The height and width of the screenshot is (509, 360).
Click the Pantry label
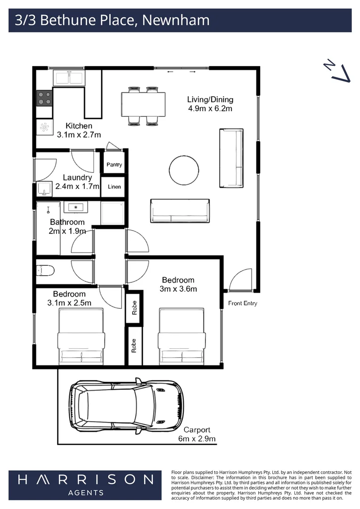(x=114, y=165)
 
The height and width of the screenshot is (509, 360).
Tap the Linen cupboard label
(x=114, y=187)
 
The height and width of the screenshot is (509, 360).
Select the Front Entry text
(x=243, y=304)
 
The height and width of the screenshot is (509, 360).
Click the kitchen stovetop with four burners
(x=45, y=98)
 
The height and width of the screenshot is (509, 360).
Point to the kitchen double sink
(x=69, y=77)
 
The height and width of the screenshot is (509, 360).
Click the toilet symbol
(x=46, y=271)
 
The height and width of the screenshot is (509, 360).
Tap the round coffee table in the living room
(x=183, y=171)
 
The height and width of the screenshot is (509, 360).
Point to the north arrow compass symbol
(x=338, y=71)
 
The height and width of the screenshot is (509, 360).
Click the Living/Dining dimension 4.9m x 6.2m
(x=210, y=109)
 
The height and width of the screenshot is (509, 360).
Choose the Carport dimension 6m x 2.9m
(x=197, y=439)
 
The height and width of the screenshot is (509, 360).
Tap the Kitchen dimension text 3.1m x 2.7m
(x=79, y=135)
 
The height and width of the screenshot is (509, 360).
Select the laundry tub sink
(x=45, y=189)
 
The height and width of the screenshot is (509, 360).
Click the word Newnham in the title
(x=175, y=20)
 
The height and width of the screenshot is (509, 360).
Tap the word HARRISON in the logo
(x=86, y=480)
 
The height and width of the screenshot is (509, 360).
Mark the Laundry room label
(x=77, y=178)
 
